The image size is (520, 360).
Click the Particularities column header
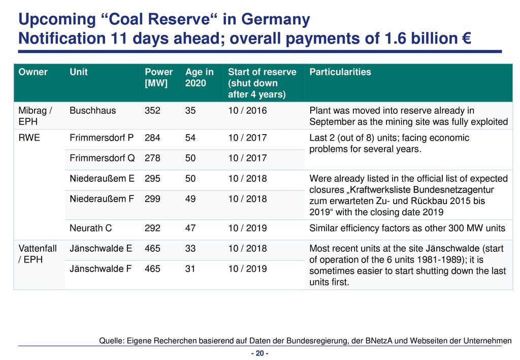340,72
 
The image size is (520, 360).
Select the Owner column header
33,72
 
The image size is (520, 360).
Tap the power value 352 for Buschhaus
152,110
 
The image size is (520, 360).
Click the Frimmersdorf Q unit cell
102,158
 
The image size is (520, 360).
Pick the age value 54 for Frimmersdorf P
190,138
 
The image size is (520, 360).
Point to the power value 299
152,199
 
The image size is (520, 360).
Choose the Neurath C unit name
90,228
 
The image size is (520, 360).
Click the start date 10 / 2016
247,110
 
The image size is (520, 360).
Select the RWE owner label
29,138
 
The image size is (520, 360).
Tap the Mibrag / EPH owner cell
35,116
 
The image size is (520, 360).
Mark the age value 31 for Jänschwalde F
190,269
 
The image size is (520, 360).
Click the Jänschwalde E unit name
101,248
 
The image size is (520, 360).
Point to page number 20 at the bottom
259,353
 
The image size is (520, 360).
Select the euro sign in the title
466,38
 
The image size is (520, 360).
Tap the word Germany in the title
275,20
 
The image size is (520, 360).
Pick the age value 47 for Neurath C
190,228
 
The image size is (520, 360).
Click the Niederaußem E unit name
102,179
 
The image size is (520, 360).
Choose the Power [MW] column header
158,78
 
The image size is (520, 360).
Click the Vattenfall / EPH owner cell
38,254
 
